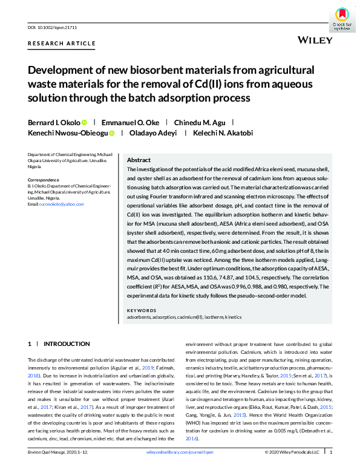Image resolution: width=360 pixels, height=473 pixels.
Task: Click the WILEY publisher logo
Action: coord(315,40)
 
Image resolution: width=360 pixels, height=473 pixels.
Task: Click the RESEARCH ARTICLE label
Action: coord(62,44)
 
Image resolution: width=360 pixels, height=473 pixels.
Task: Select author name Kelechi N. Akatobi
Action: coord(220,133)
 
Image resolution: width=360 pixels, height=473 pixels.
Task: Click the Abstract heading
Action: coord(139,160)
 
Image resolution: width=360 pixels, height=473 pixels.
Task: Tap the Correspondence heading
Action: coord(45,180)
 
